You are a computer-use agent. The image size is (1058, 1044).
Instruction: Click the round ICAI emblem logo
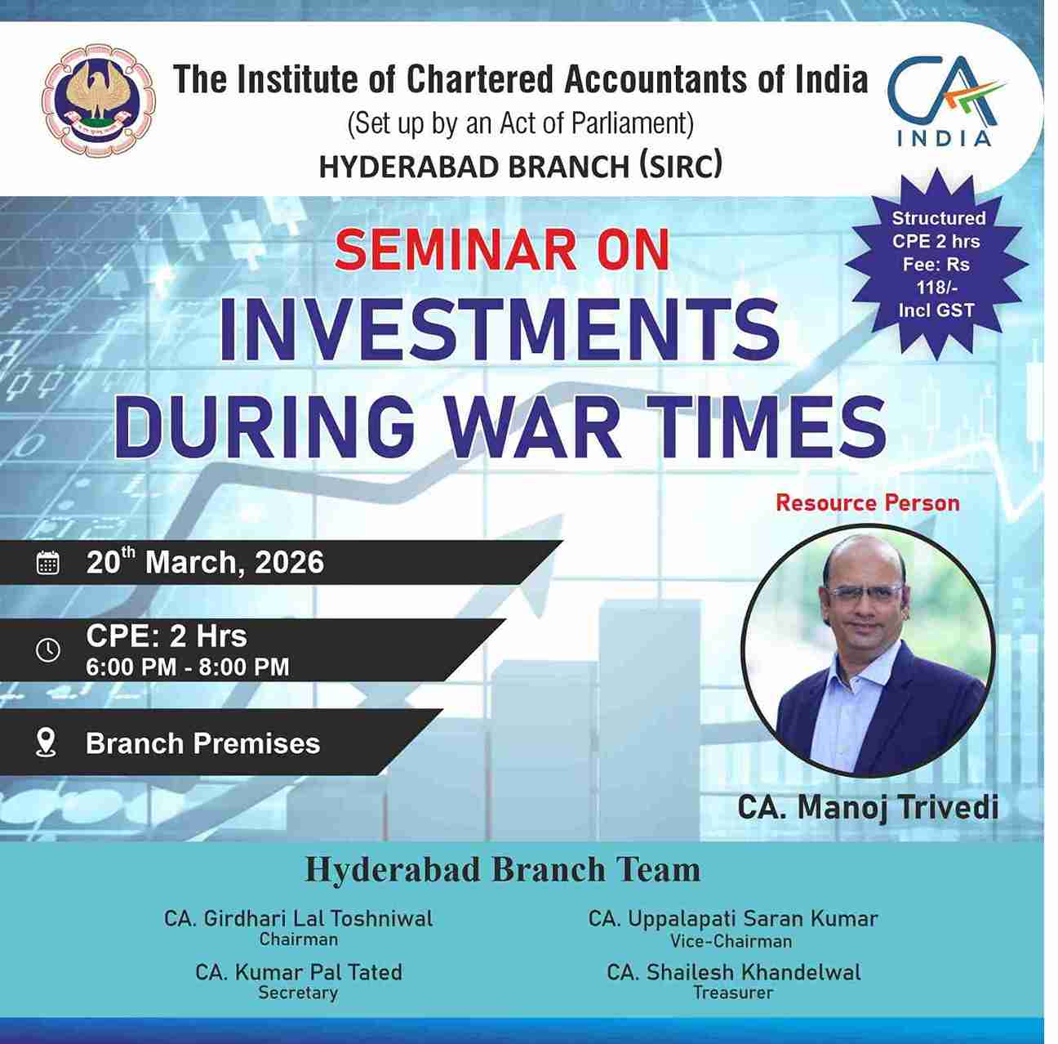[x=99, y=101]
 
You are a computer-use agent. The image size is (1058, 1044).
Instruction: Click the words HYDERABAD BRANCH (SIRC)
[x=520, y=167]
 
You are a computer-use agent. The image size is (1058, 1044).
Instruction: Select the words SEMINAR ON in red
[x=501, y=249]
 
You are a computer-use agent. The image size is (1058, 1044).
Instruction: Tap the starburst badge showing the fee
[x=937, y=264]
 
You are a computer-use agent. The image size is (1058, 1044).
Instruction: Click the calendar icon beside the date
[x=48, y=563]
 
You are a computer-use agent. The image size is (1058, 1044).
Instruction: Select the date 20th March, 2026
[x=205, y=562]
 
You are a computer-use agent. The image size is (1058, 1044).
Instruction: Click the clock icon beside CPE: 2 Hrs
[x=48, y=649]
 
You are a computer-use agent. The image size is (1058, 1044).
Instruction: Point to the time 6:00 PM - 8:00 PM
[x=188, y=667]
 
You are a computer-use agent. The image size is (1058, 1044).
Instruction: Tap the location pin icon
[x=47, y=742]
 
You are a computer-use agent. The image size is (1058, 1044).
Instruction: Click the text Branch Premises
[x=202, y=743]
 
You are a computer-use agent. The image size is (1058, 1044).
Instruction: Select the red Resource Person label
[x=867, y=502]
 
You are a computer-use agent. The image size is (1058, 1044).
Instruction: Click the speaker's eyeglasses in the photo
[x=864, y=594]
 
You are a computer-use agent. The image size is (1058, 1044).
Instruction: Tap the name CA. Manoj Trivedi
[x=868, y=807]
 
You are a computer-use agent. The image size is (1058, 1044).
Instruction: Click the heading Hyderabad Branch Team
[x=502, y=870]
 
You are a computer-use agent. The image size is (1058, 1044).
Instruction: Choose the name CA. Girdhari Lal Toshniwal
[x=299, y=918]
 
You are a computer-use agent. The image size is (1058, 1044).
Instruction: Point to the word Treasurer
[x=732, y=993]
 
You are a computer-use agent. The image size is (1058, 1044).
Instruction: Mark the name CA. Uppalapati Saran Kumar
[x=732, y=918]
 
